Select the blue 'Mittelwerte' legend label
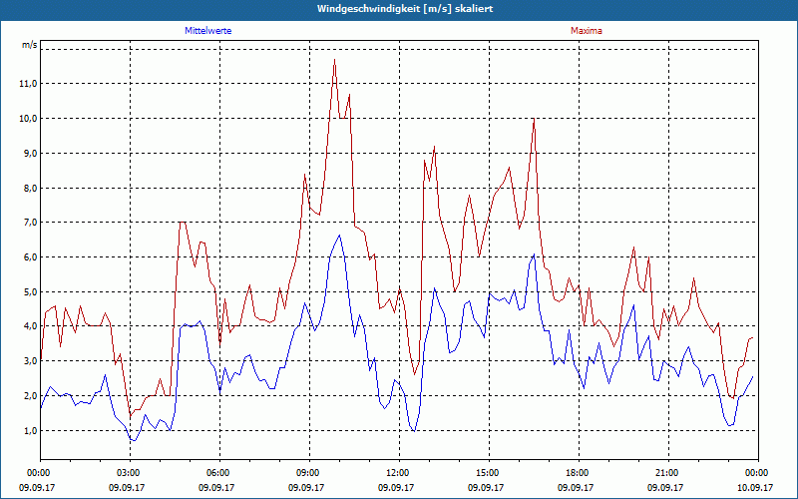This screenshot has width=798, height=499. point(208,31)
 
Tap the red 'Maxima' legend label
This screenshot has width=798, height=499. point(586,31)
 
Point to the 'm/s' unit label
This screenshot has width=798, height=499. point(30,46)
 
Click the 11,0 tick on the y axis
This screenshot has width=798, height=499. point(28,84)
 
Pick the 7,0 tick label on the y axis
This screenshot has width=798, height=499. point(28,223)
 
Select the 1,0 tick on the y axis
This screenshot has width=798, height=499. point(28,431)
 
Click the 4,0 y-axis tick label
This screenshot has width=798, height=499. point(28,326)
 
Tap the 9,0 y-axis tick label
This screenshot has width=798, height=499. point(28,154)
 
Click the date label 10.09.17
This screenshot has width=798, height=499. point(756,488)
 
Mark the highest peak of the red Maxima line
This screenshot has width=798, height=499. point(335,61)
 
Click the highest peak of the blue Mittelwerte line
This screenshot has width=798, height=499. point(340,236)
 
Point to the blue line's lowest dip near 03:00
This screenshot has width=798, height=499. point(133,440)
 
